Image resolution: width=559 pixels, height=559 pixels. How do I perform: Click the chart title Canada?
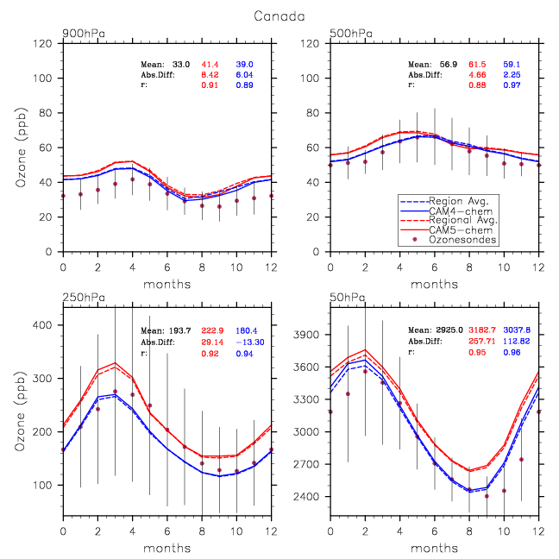pyautogui.click(x=279, y=15)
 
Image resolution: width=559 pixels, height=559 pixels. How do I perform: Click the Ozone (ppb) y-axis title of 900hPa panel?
pyautogui.click(x=22, y=147)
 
